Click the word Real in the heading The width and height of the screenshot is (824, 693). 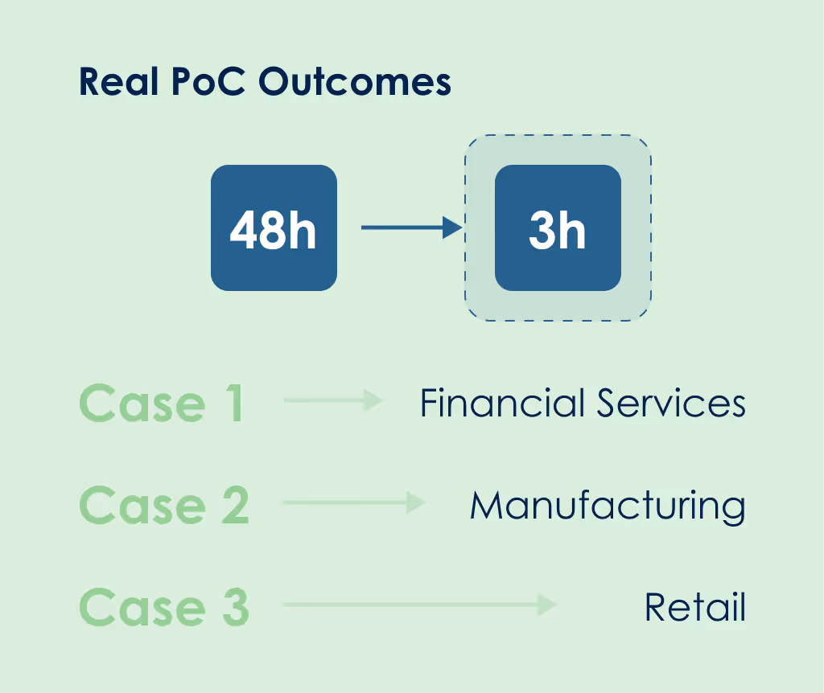[118, 83]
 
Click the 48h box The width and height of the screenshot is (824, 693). [274, 228]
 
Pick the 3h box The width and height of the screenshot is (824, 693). [558, 228]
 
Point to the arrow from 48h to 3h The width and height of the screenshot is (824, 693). [410, 228]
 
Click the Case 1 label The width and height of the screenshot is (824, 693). [161, 404]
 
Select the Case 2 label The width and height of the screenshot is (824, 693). [164, 506]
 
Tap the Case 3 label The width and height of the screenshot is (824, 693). [164, 607]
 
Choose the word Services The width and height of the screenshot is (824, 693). [671, 403]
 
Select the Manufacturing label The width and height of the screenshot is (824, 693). [608, 506]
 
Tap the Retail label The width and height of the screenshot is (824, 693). [695, 607]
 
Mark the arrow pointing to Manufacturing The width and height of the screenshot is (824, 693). [354, 503]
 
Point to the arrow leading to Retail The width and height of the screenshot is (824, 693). [419, 605]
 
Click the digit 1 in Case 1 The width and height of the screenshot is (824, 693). [234, 404]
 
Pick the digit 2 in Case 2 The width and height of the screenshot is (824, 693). [235, 506]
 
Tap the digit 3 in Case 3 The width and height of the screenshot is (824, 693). [235, 607]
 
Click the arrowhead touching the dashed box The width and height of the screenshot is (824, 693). [455, 228]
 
